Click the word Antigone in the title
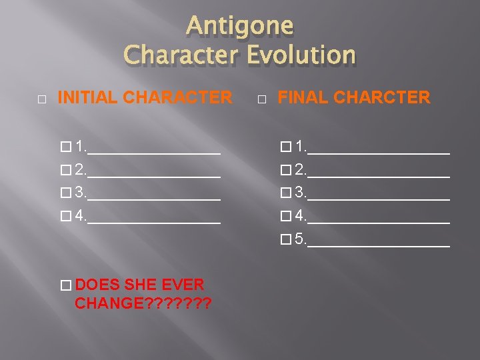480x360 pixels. point(239,26)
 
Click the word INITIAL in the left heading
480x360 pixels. point(89,98)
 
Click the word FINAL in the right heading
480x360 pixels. point(303,98)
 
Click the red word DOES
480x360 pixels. point(98,285)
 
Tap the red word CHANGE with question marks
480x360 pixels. point(143,304)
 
